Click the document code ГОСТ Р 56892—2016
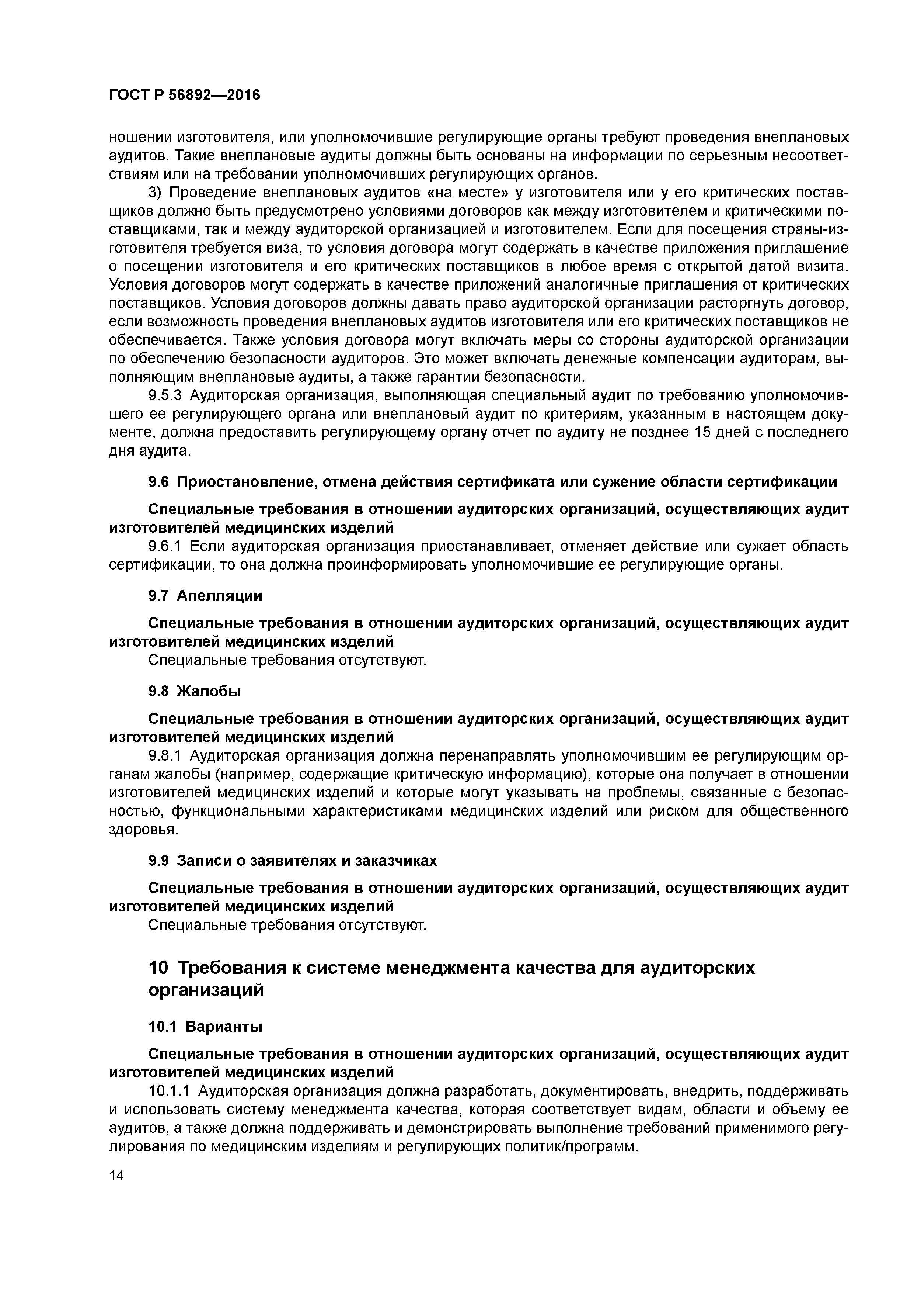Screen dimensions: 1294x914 click(184, 95)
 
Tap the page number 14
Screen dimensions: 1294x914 click(116, 1176)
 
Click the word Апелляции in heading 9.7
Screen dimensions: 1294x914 click(220, 596)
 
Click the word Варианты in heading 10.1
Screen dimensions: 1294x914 click(224, 1027)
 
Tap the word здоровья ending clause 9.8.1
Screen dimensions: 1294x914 click(135, 830)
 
